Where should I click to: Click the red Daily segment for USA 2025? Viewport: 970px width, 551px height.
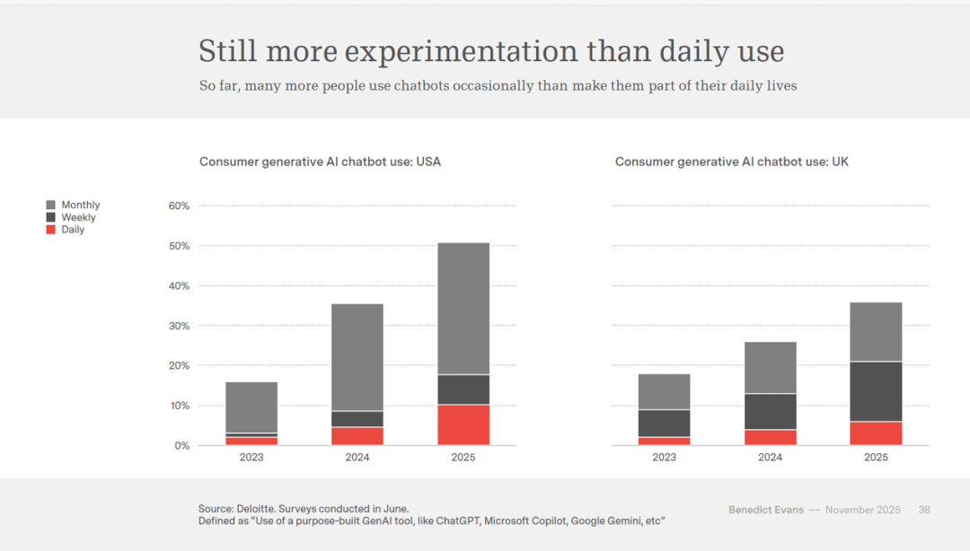(x=463, y=424)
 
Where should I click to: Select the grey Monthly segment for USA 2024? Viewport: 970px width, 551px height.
(x=357, y=357)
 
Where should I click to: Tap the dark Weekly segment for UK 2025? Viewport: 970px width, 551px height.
(x=876, y=391)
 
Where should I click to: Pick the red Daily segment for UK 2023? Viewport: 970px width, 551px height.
(x=664, y=441)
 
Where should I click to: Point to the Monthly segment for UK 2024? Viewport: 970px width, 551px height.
(x=770, y=367)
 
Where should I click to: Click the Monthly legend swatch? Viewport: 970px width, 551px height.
(x=51, y=206)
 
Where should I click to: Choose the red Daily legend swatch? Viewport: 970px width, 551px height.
(x=51, y=230)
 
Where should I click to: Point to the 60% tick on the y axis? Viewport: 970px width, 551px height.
(x=179, y=206)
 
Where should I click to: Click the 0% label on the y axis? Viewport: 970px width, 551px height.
(x=181, y=446)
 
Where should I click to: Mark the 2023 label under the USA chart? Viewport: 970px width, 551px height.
(x=251, y=458)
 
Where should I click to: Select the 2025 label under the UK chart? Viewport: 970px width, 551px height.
(x=876, y=458)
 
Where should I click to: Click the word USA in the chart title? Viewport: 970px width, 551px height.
(x=428, y=162)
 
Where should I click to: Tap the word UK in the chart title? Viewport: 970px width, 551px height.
(x=841, y=162)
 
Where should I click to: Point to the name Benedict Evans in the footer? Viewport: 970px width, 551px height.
(x=765, y=510)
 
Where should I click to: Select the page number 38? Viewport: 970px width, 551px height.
(x=924, y=510)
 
